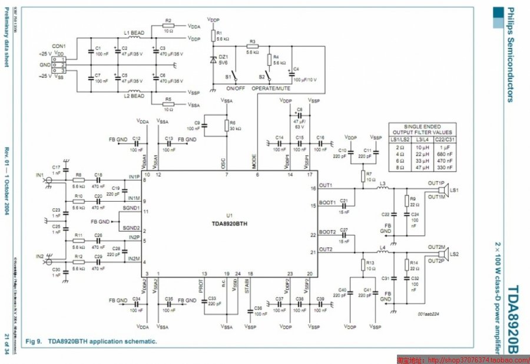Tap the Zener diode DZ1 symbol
pos(213,60)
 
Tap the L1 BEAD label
pos(134,33)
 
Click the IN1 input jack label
pos(39,175)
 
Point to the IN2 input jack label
pos(39,256)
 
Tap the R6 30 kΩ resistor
pos(226,124)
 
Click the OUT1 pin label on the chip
pos(326,185)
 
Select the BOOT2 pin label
pos(327,232)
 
